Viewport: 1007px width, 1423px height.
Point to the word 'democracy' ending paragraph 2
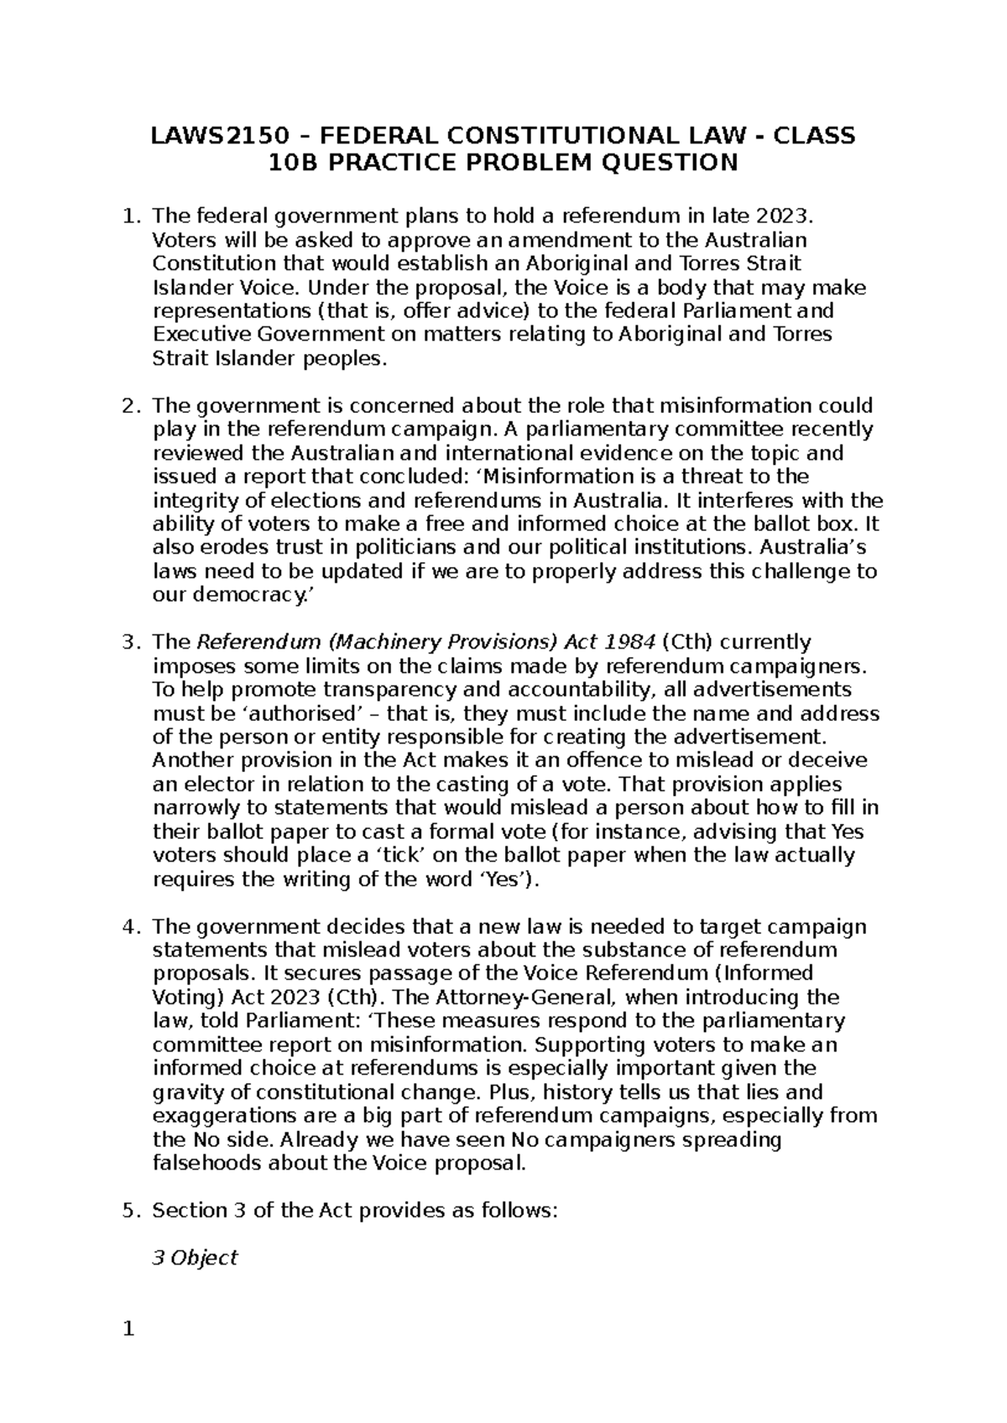coord(249,596)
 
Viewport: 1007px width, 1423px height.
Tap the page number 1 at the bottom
coord(128,1330)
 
